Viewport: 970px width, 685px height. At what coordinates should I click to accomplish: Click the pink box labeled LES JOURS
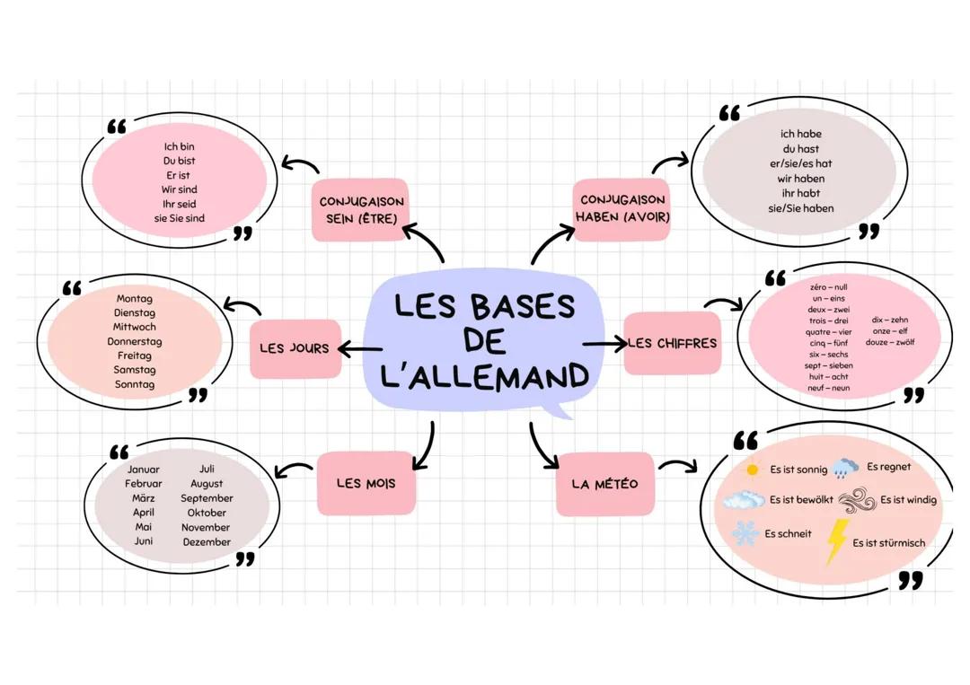click(x=295, y=348)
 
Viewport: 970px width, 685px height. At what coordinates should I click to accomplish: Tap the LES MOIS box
click(x=366, y=483)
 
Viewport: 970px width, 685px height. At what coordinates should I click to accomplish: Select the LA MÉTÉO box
click(x=604, y=484)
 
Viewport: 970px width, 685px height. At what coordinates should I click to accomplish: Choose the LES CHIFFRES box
click(x=673, y=343)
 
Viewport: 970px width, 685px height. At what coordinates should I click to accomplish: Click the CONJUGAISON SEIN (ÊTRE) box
click(x=360, y=210)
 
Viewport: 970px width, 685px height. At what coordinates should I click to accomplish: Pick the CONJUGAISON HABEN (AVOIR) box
click(x=622, y=208)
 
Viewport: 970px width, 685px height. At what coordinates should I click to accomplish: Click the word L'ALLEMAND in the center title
click(x=485, y=375)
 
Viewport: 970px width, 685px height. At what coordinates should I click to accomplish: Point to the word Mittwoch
click(x=135, y=327)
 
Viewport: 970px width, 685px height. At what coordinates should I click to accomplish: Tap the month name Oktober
click(x=207, y=513)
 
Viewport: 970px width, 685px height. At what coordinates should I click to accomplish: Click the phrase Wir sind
click(x=180, y=189)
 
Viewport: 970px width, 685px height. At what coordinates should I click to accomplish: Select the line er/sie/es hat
click(x=800, y=163)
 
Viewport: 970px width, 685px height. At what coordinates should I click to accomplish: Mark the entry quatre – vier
click(x=829, y=331)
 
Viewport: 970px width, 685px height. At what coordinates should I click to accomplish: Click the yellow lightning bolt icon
click(x=836, y=541)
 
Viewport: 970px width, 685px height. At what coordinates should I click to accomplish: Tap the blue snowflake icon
click(x=745, y=534)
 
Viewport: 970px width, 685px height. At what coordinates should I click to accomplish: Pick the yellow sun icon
click(x=753, y=469)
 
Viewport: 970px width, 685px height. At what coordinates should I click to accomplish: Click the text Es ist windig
click(x=908, y=500)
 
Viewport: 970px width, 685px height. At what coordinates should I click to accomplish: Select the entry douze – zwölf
click(x=889, y=342)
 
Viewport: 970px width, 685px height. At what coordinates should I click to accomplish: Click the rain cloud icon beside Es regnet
click(x=844, y=469)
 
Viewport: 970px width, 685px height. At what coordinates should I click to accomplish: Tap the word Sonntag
click(x=135, y=384)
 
